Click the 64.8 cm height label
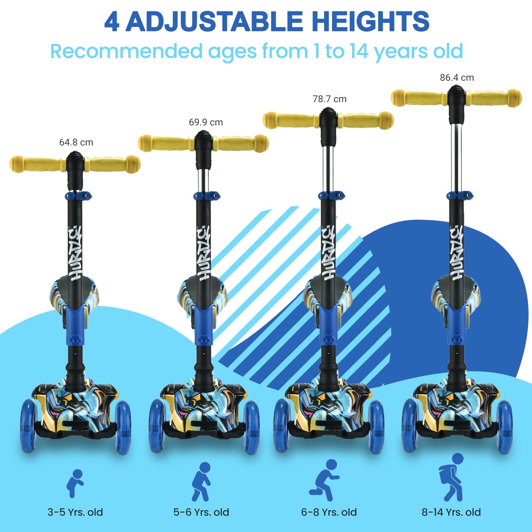click(x=76, y=142)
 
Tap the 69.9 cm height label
click(x=206, y=122)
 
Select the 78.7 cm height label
click(x=330, y=99)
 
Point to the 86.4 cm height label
click(x=457, y=78)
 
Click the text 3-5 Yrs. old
click(x=75, y=505)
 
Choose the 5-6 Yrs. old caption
click(x=201, y=505)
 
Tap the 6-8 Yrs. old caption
click(x=329, y=505)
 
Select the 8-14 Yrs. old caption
click(x=451, y=505)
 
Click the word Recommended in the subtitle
click(x=126, y=51)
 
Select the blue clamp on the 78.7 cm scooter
click(x=331, y=195)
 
